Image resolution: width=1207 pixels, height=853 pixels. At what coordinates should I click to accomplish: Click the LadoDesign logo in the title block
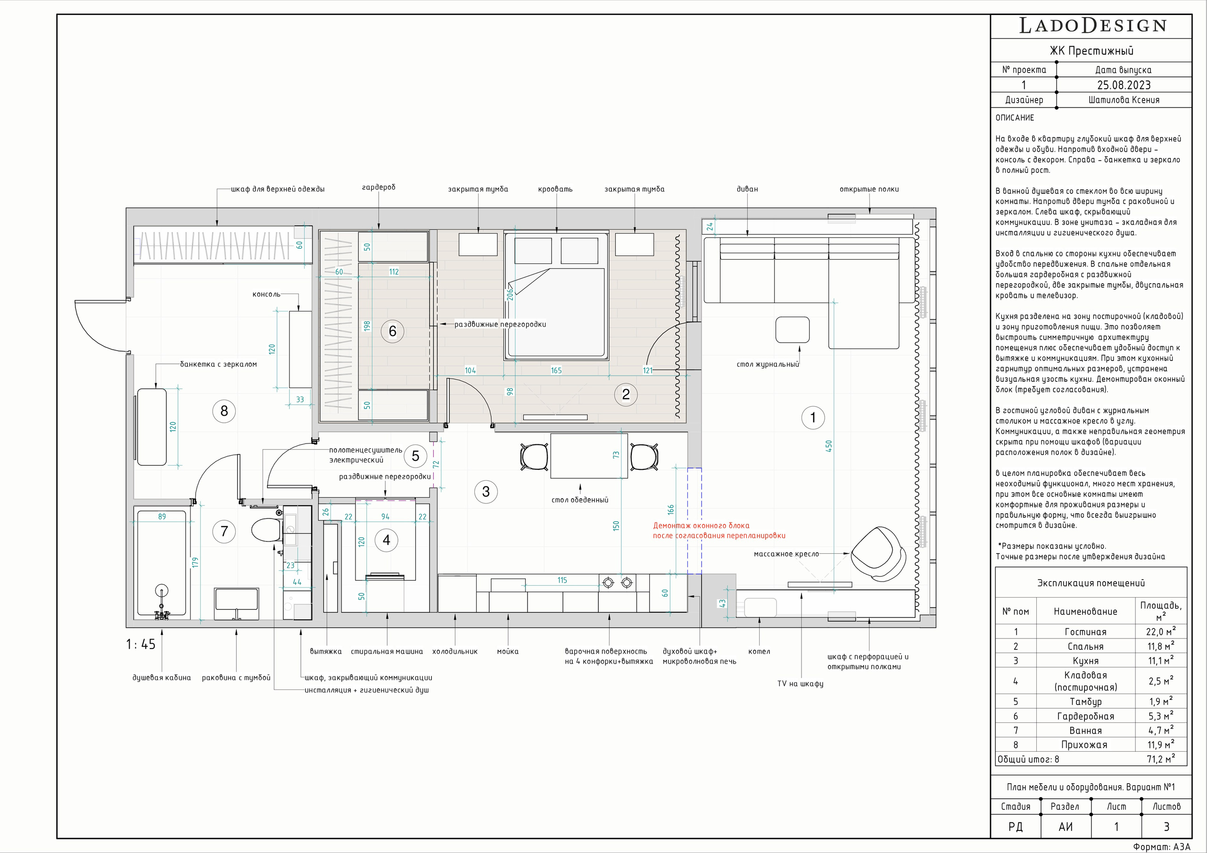pyautogui.click(x=1093, y=26)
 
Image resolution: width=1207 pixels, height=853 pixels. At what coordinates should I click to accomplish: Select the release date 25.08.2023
pyautogui.click(x=1124, y=85)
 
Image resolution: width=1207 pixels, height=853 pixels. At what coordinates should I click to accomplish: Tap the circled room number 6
pyautogui.click(x=392, y=331)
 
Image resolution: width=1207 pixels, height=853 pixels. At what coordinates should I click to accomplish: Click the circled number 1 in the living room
pyautogui.click(x=813, y=418)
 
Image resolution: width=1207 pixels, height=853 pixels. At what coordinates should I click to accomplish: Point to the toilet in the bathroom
pyautogui.click(x=266, y=530)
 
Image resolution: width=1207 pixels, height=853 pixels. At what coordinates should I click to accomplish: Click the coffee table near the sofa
pyautogui.click(x=792, y=330)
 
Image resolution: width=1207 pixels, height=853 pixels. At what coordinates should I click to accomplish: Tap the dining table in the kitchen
pyautogui.click(x=589, y=455)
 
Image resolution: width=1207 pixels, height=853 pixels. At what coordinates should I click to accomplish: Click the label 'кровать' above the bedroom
pyautogui.click(x=555, y=189)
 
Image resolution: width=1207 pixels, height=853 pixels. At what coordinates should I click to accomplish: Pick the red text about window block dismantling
pyautogui.click(x=719, y=531)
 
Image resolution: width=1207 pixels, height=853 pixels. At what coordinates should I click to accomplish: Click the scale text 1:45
pyautogui.click(x=141, y=644)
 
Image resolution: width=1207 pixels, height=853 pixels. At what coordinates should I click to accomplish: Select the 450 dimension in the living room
pyautogui.click(x=829, y=446)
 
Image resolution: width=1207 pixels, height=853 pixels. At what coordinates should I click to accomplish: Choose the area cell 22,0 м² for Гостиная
pyautogui.click(x=1161, y=632)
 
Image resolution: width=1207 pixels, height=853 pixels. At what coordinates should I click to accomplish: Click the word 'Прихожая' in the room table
pyautogui.click(x=1084, y=745)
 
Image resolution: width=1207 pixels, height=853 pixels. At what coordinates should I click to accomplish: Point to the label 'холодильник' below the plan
pyautogui.click(x=455, y=652)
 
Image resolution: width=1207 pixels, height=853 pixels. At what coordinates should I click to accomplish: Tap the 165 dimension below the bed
pyautogui.click(x=556, y=370)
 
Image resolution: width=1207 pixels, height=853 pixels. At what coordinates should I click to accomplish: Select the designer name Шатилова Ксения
pyautogui.click(x=1124, y=100)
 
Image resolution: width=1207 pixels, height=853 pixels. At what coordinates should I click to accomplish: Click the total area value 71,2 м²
pyautogui.click(x=1160, y=759)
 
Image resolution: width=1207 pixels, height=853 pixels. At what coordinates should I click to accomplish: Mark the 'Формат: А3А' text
pyautogui.click(x=1161, y=847)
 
